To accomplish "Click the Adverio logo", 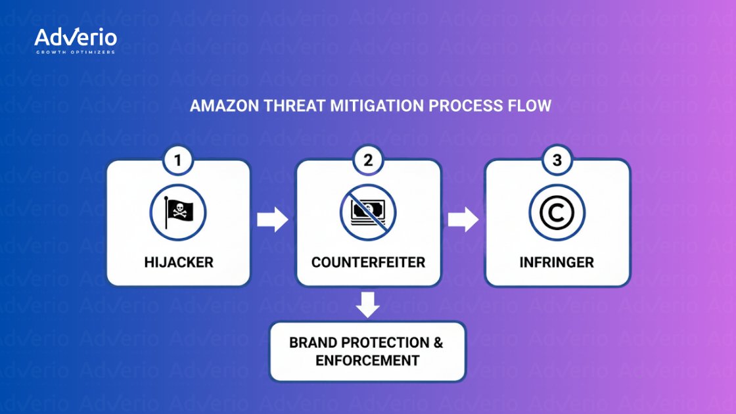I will [76, 37].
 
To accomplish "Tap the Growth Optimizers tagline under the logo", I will [76, 52].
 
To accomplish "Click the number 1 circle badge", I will [179, 160].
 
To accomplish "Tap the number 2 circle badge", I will [368, 160].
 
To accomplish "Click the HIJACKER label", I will [179, 262].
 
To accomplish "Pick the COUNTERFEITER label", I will [368, 262].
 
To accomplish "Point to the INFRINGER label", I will [557, 262].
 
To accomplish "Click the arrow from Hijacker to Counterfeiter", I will [273, 220].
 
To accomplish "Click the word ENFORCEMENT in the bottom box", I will [367, 361].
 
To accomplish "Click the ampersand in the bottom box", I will [438, 342].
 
